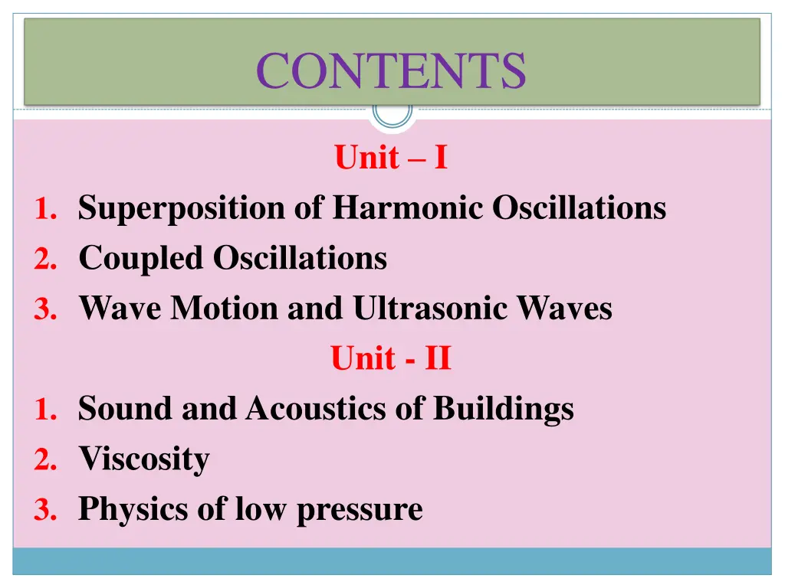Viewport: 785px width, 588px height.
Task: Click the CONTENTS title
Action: pos(391,70)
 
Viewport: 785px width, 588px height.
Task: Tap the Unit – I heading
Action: pos(391,158)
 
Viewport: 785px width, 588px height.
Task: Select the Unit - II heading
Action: pos(391,358)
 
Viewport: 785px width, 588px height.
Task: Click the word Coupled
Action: pos(141,259)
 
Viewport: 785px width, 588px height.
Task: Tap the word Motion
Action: pos(225,308)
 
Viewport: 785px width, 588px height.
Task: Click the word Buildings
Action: pos(503,410)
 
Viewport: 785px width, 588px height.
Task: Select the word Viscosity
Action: pos(144,459)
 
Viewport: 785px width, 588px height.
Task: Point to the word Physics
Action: pos(132,510)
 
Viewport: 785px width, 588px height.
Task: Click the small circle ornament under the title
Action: pos(392,113)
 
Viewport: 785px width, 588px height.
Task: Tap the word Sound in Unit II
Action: pos(126,408)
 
